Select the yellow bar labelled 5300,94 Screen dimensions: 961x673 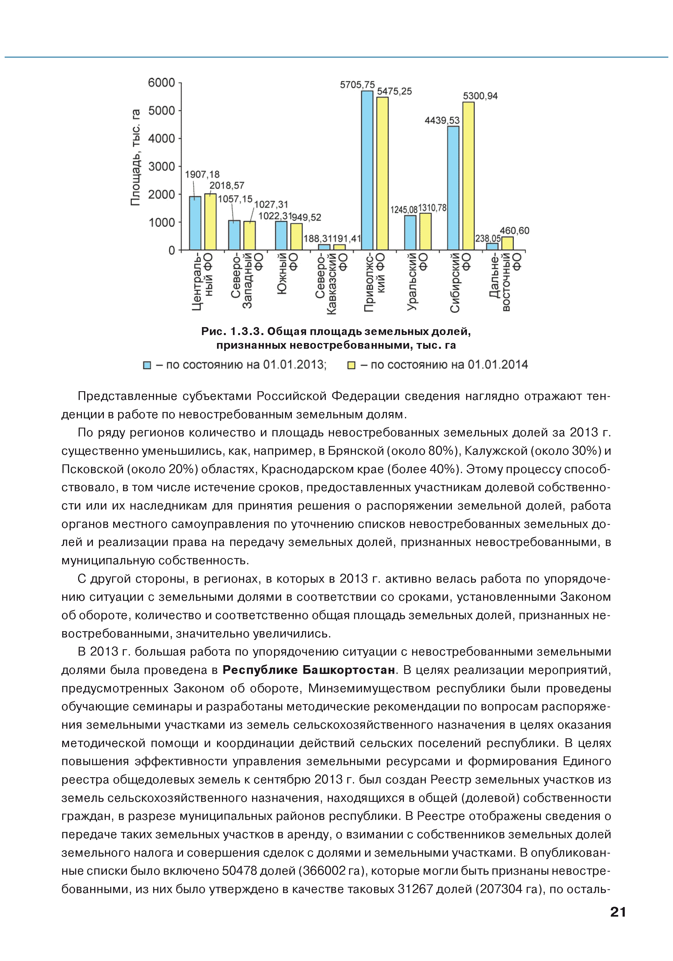(468, 176)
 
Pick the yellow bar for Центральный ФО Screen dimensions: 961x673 (210, 222)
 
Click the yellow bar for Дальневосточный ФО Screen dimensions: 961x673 (507, 244)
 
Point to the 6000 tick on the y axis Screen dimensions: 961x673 (161, 82)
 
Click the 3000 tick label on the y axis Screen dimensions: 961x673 (161, 167)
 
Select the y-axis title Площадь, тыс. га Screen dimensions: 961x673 (135, 157)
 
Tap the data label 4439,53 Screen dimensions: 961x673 (442, 121)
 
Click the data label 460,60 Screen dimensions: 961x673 (514, 231)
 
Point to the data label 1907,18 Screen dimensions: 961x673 (202, 174)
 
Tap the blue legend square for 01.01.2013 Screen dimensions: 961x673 (147, 365)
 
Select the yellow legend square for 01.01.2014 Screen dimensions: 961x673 (351, 365)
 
